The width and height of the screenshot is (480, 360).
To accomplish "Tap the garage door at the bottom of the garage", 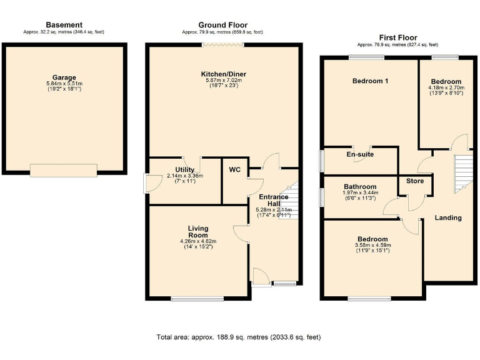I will [64, 170].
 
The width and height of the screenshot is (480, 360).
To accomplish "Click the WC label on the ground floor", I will [235, 170].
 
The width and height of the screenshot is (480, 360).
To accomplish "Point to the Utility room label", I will [185, 169].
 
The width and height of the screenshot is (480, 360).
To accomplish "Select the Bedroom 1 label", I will [370, 81].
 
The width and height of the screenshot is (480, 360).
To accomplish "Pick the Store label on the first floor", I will [415, 181].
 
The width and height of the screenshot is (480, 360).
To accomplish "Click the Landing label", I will [448, 218].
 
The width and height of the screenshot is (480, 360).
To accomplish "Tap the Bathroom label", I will [360, 187].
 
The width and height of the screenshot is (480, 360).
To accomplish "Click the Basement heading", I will [64, 25].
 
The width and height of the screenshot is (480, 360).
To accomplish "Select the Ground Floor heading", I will [223, 25].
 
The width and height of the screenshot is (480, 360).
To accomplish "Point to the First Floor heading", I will [397, 37].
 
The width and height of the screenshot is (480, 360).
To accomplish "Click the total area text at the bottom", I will [238, 337].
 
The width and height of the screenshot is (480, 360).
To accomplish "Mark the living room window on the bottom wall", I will [197, 299].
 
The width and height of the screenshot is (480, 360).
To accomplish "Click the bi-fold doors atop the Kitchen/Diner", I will [223, 44].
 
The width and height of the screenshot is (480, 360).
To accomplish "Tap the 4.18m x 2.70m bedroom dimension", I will [446, 88].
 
